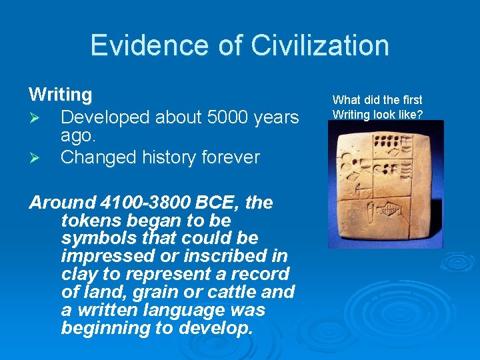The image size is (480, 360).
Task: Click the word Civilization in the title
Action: point(320,45)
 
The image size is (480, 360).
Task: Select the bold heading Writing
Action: point(60,95)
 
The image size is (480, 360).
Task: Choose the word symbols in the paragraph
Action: point(91,239)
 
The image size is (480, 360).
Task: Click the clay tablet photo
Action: point(385,184)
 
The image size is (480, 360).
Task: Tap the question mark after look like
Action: point(420,114)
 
